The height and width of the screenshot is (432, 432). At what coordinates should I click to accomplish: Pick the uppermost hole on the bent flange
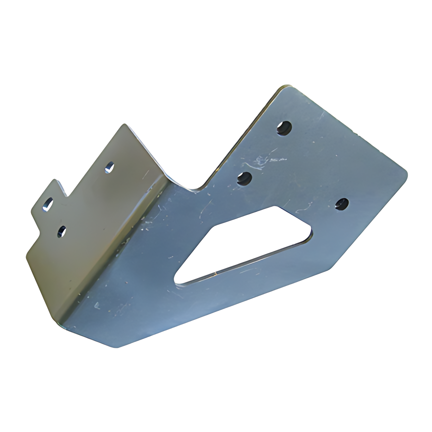pos(110,167)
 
